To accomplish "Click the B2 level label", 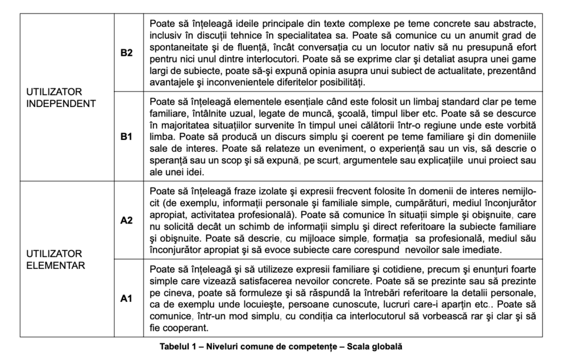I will coord(126,52).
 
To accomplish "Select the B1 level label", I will coord(126,136).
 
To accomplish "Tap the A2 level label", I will coord(126,220).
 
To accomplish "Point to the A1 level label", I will coord(126,298).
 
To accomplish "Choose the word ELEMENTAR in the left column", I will coord(55,266).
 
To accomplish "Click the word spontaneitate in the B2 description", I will coord(177,47).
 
